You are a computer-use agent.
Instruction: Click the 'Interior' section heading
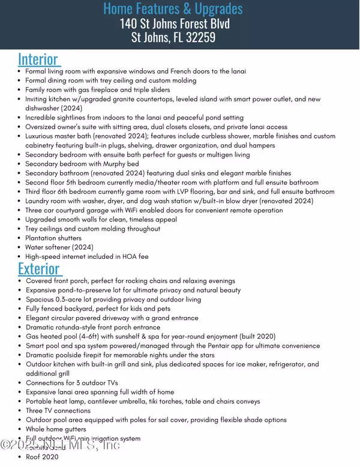pyautogui.click(x=38, y=59)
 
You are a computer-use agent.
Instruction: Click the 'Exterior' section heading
pyautogui.click(x=39, y=268)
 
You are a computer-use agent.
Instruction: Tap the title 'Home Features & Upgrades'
pyautogui.click(x=173, y=8)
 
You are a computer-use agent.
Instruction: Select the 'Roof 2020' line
pyautogui.click(x=42, y=457)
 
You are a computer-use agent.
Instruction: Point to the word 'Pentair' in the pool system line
pyautogui.click(x=211, y=346)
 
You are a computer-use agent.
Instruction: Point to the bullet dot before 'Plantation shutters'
pyautogui.click(x=20, y=238)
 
